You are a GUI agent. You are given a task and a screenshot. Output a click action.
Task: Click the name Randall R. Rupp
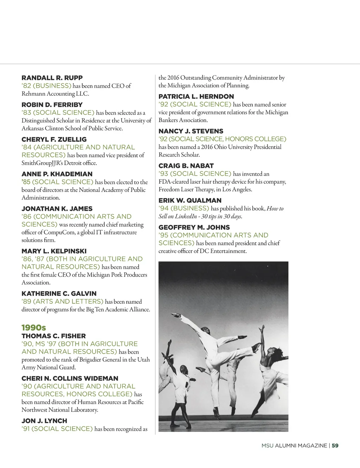[52, 78]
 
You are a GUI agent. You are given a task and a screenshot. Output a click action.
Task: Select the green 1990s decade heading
[34, 328]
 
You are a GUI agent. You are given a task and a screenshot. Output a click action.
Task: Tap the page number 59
[335, 445]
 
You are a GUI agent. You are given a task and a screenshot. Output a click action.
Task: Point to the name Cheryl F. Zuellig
[54, 139]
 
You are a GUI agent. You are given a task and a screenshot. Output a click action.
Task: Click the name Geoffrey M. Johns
[194, 227]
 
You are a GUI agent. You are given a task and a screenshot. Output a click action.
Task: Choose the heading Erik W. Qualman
[190, 201]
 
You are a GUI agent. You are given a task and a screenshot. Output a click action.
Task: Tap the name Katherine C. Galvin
[59, 293]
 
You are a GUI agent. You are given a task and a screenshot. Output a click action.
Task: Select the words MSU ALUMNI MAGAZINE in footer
[294, 445]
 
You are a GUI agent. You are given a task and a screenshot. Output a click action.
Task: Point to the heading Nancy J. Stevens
[191, 131]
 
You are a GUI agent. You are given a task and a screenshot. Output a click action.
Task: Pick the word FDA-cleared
[174, 182]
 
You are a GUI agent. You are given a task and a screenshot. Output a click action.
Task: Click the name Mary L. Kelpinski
[54, 251]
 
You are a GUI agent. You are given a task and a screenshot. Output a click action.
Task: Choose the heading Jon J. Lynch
[44, 421]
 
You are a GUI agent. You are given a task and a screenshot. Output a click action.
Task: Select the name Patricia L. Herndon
[196, 96]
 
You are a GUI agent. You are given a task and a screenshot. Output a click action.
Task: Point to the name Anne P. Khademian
[57, 174]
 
